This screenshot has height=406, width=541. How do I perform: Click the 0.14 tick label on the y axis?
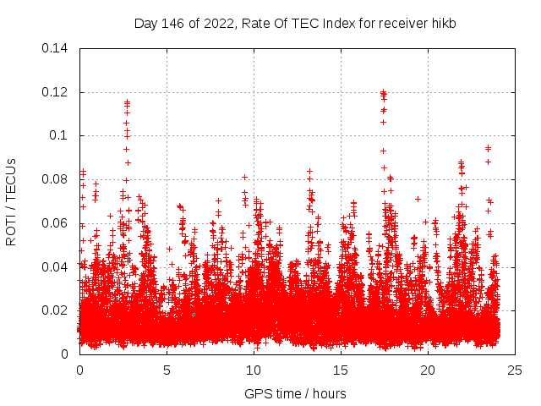57,48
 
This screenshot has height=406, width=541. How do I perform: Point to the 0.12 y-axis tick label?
57,92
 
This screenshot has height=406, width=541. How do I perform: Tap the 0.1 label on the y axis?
60,135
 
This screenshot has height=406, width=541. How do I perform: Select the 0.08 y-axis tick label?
57,179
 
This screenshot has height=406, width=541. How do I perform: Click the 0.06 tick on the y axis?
57,223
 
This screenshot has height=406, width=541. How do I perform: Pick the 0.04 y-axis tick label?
57,266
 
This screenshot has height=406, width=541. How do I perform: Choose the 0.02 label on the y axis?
57,310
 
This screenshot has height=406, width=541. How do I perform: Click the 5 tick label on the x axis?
167,370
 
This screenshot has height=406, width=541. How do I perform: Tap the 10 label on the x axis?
254,370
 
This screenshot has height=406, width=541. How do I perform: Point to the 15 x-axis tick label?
341,370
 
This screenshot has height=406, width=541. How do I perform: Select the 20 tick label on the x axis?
428,370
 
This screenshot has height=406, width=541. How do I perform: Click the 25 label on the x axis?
515,370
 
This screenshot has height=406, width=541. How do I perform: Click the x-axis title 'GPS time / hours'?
295,393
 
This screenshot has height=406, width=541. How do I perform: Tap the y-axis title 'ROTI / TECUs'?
12,201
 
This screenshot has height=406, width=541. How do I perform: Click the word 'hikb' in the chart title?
443,24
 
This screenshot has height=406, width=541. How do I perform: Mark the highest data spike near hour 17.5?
383,92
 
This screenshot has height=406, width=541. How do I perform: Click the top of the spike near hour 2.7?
127,102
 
